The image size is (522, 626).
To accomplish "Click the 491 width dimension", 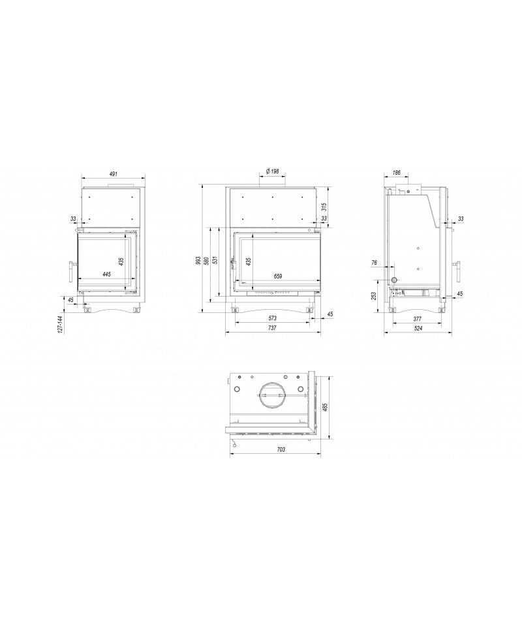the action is pyautogui.click(x=114, y=173).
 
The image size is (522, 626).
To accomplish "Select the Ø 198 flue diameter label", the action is pyautogui.click(x=272, y=171).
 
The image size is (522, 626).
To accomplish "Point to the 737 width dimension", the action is pyautogui.click(x=272, y=328).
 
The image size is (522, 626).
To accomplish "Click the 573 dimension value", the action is pyautogui.click(x=272, y=318).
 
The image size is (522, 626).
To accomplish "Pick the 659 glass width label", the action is pyautogui.click(x=278, y=276).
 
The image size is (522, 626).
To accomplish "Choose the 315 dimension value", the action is pyautogui.click(x=324, y=207).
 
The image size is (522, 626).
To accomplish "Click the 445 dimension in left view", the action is pyautogui.click(x=106, y=274).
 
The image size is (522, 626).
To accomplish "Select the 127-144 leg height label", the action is pyautogui.click(x=61, y=324).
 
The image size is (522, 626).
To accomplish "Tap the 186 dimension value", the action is pyautogui.click(x=396, y=173).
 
